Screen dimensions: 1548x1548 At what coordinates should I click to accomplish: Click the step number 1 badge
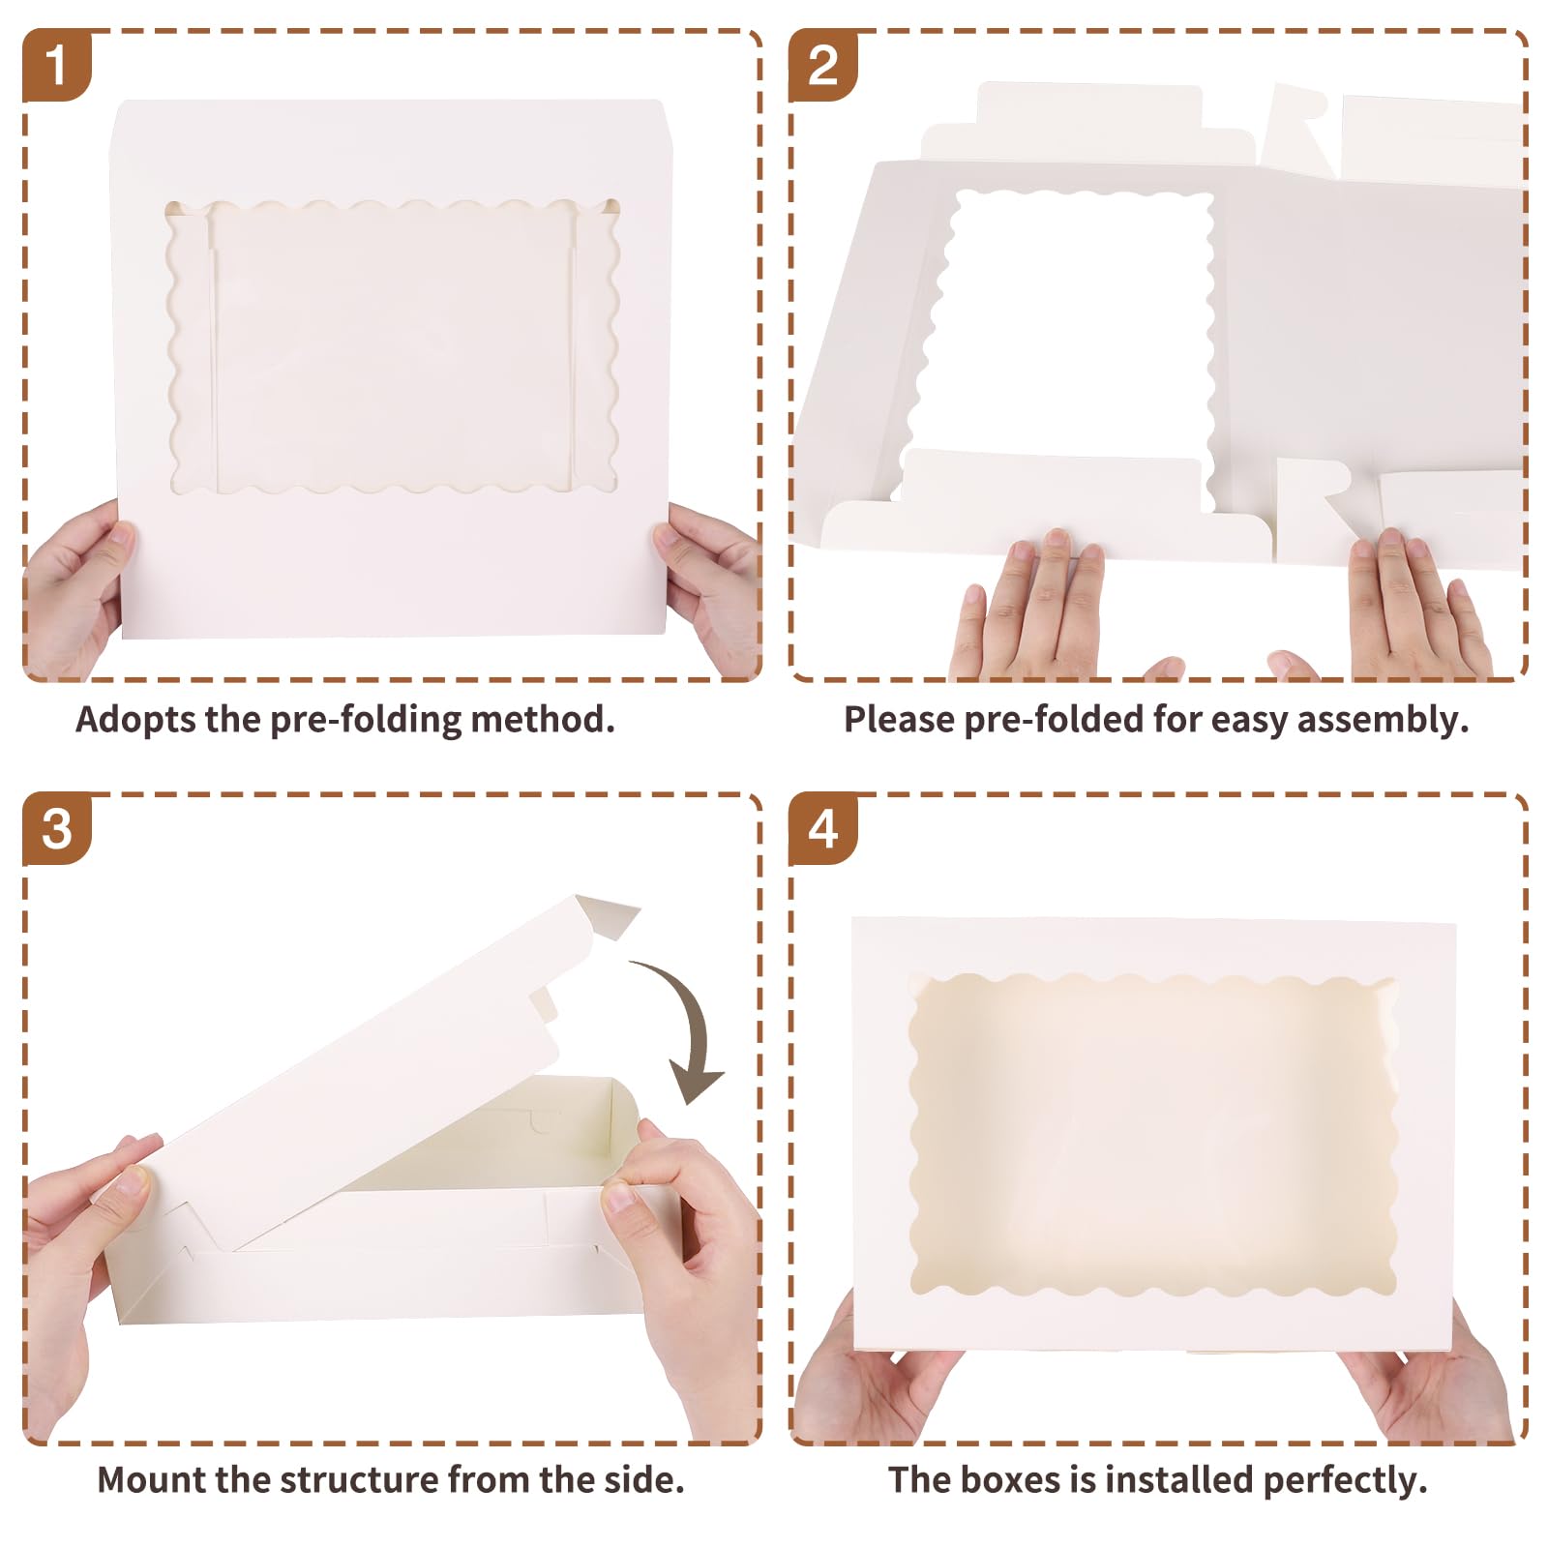pyautogui.click(x=56, y=65)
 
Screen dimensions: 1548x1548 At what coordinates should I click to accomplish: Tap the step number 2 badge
pyautogui.click(x=822, y=65)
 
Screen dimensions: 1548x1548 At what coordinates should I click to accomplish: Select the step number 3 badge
pyautogui.click(x=56, y=829)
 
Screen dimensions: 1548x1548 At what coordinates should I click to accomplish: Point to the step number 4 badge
pyautogui.click(x=822, y=829)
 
